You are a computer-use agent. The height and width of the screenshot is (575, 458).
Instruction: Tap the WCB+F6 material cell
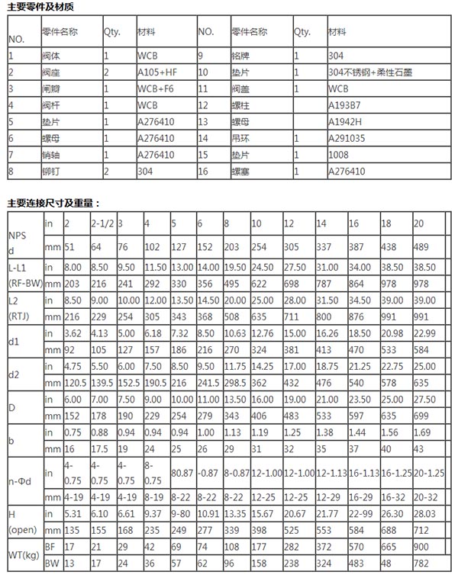[x=157, y=88]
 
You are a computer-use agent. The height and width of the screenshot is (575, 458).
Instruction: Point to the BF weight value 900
[x=420, y=547]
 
